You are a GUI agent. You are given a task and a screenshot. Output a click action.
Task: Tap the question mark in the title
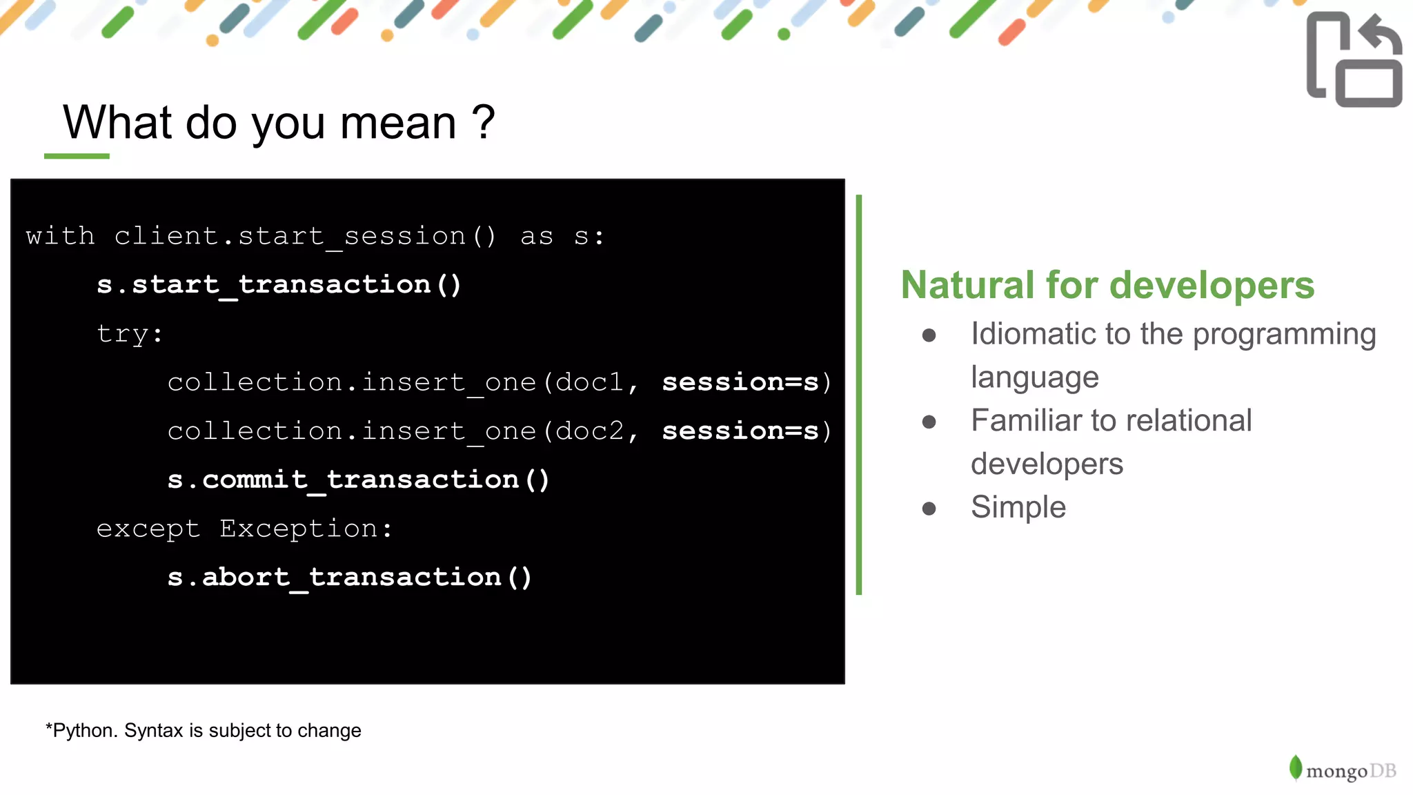pyautogui.click(x=483, y=123)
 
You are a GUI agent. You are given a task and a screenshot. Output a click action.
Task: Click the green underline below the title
pyautogui.click(x=77, y=157)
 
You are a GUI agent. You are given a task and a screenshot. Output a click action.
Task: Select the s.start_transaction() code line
pyautogui.click(x=279, y=285)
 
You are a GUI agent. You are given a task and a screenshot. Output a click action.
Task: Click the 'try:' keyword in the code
pyautogui.click(x=130, y=334)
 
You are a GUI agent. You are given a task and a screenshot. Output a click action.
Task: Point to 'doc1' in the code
pyautogui.click(x=589, y=382)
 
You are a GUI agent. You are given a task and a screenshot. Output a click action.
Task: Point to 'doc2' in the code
pyautogui.click(x=589, y=431)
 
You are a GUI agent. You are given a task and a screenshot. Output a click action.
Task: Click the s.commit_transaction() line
pyautogui.click(x=358, y=480)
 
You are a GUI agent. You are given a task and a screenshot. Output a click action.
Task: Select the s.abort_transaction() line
pyautogui.click(x=349, y=577)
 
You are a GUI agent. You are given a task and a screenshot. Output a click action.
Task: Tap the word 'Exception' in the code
pyautogui.click(x=298, y=529)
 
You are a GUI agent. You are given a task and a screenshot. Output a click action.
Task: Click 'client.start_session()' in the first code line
pyautogui.click(x=304, y=237)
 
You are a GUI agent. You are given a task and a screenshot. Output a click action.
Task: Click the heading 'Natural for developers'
pyautogui.click(x=1107, y=285)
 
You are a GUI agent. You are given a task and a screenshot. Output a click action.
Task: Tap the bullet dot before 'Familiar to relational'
pyautogui.click(x=929, y=422)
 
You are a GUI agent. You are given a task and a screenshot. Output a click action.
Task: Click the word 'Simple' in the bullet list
pyautogui.click(x=1018, y=507)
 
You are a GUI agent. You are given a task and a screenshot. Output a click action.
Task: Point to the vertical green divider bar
pyautogui.click(x=859, y=393)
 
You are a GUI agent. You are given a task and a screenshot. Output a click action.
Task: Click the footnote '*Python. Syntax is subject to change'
pyautogui.click(x=204, y=730)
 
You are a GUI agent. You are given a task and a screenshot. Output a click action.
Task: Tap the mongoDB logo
pyautogui.click(x=1342, y=769)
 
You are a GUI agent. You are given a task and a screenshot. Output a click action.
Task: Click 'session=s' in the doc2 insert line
pyautogui.click(x=740, y=431)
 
